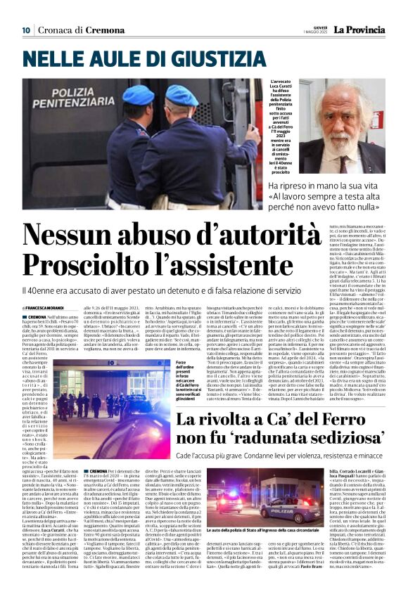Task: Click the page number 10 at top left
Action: (x=26, y=30)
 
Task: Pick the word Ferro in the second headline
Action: (x=348, y=401)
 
